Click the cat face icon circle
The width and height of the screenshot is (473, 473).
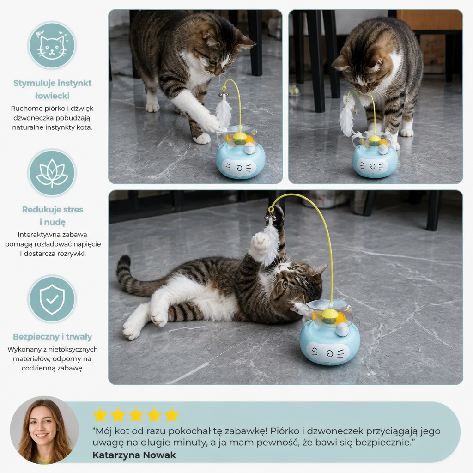point(52,46)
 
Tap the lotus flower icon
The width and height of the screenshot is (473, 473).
point(52,173)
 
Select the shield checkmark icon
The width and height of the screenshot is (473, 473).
point(52,299)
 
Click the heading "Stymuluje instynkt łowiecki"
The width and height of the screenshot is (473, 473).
point(52,89)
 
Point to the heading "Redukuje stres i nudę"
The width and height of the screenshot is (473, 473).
point(53,216)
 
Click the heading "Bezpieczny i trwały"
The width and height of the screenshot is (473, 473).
point(53,336)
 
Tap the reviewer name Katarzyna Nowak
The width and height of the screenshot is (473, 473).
point(134,455)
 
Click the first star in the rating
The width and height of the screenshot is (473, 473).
point(100,415)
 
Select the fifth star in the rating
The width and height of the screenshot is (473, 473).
point(172,415)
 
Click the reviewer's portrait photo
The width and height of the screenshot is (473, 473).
point(44,430)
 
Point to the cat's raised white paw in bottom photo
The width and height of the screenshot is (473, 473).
point(260,243)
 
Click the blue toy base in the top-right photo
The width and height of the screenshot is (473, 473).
point(375,161)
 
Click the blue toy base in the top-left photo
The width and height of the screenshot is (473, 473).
point(240,160)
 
